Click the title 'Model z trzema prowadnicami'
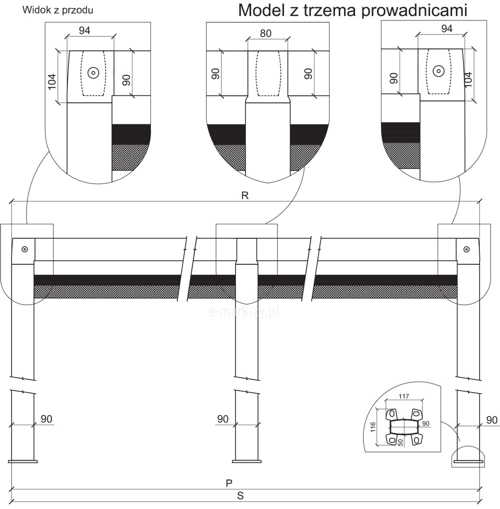coord(352,10)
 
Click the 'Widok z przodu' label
coord(58,10)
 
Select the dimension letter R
coord(245,195)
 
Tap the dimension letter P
coord(229,483)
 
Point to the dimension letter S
coord(240,496)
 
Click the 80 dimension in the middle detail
coord(266,33)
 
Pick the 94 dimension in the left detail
coord(84,30)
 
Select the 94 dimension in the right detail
coord(446,28)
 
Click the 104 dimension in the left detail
coord(52,81)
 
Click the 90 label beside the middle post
coord(223,419)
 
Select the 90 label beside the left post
coord(46,419)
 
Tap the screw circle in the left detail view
coord(93,72)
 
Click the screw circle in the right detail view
coord(438,71)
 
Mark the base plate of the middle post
coord(246,461)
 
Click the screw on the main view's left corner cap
coord(24,248)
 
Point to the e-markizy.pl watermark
coord(243,311)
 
